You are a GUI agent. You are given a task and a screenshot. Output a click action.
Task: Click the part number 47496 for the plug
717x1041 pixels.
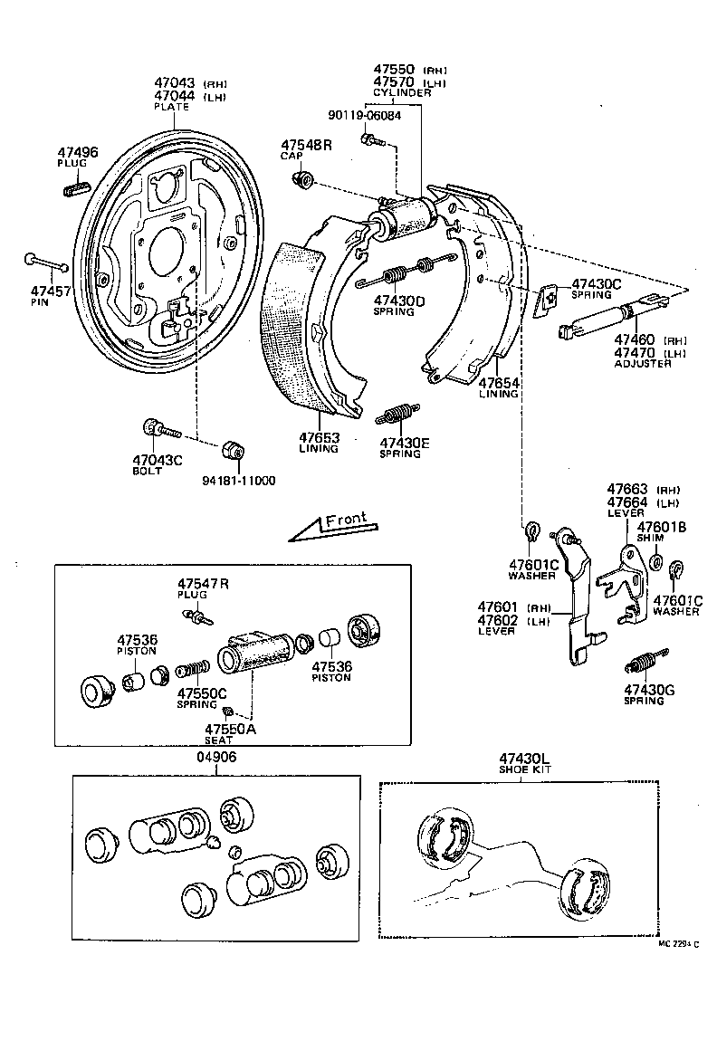pyautogui.click(x=77, y=152)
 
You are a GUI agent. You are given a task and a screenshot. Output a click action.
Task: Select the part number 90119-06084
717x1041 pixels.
pyautogui.click(x=365, y=116)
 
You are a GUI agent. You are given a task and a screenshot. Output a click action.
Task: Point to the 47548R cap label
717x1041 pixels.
pyautogui.click(x=306, y=145)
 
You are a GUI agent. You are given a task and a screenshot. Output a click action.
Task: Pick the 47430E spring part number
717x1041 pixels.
pyautogui.click(x=404, y=443)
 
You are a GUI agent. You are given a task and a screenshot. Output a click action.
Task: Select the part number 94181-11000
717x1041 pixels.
pyautogui.click(x=240, y=481)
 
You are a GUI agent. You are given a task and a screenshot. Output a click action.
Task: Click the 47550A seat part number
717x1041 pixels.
pyautogui.click(x=230, y=729)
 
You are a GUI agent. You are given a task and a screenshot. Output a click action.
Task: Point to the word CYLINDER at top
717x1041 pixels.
pyautogui.click(x=402, y=92)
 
